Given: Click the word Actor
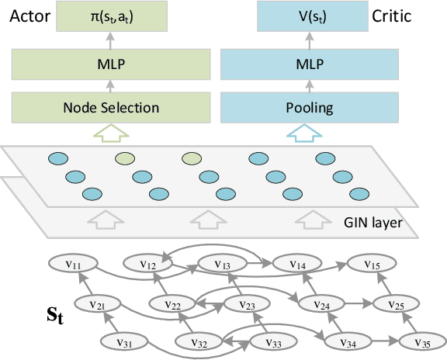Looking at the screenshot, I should tap(26, 16).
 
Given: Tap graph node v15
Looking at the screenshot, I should tap(373, 264).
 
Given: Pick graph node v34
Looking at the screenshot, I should tap(348, 342).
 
